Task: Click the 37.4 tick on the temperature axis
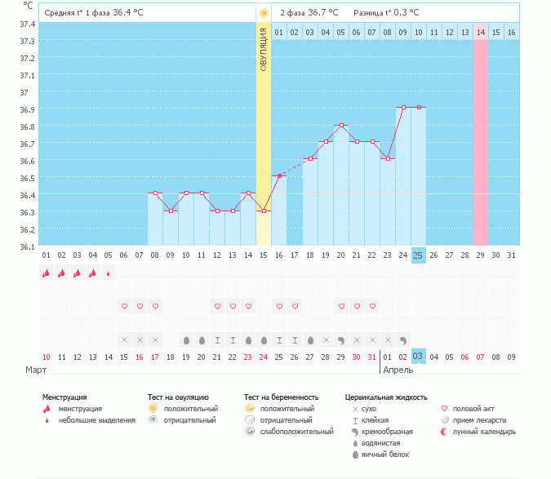[x=27, y=24]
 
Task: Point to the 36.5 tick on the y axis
[x=27, y=178]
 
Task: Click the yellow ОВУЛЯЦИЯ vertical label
[x=263, y=49]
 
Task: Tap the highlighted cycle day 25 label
[x=418, y=255]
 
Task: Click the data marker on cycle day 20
[x=340, y=125]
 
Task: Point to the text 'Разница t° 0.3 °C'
[x=386, y=13]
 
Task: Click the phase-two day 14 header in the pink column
[x=480, y=32]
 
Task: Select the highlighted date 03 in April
[x=418, y=357]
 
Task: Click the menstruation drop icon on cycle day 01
[x=47, y=273]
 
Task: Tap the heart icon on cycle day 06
[x=124, y=306]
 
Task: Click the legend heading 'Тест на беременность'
[x=281, y=397]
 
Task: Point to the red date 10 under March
[x=47, y=357]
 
